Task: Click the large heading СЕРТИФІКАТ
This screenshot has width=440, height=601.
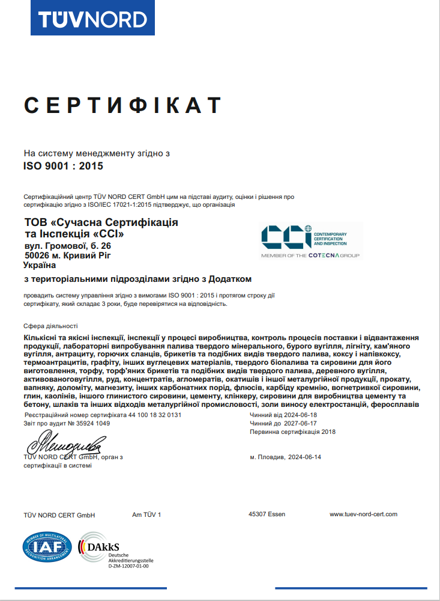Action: (x=123, y=105)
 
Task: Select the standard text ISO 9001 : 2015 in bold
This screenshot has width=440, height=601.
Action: (x=64, y=165)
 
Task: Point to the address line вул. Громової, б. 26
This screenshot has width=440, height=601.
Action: (x=67, y=246)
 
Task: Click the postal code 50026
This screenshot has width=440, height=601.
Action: (x=37, y=255)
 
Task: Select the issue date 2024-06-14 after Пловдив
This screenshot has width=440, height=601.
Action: (x=305, y=457)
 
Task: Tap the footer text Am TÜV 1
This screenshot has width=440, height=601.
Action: (x=146, y=514)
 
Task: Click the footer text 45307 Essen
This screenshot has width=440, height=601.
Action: (x=267, y=514)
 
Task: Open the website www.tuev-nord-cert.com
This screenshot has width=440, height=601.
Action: (x=363, y=514)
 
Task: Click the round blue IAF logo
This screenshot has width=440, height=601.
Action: (x=47, y=547)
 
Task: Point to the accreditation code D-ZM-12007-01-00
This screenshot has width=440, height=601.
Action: (x=128, y=566)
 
